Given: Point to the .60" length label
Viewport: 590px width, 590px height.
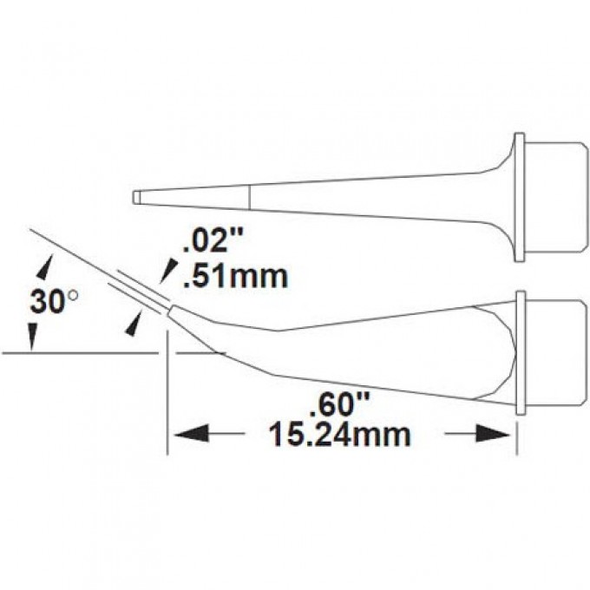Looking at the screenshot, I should [x=341, y=404].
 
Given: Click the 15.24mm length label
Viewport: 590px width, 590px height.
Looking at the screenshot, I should [x=338, y=433].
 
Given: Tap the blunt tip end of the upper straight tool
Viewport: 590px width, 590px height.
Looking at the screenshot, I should [x=136, y=198].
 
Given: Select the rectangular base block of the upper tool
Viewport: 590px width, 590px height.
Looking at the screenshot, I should [x=555, y=198].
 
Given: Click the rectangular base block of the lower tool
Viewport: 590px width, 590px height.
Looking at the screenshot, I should [x=555, y=354].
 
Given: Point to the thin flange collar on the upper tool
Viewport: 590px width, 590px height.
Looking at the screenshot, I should [x=519, y=198].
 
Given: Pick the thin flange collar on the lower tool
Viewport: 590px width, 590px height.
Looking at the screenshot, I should [x=520, y=354].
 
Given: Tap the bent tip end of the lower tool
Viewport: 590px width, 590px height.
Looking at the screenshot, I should [x=172, y=310].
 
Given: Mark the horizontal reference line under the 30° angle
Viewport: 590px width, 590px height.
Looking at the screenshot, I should [x=78, y=353].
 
